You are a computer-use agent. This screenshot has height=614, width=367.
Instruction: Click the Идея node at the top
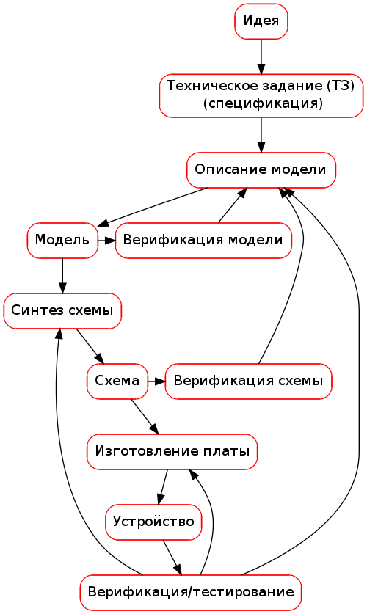(x=261, y=21)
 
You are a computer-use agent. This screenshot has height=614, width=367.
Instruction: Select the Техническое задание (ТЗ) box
(x=261, y=95)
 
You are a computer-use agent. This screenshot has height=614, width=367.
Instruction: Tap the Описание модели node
(x=261, y=170)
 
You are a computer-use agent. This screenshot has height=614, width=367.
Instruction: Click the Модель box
(x=62, y=241)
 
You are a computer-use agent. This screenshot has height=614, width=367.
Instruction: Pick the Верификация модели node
(x=203, y=241)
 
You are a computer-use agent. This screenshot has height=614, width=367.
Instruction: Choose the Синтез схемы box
(x=62, y=311)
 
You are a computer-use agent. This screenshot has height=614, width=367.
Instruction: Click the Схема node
(x=117, y=381)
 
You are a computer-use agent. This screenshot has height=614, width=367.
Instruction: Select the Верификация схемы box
(x=248, y=381)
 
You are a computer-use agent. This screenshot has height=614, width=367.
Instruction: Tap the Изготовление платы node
(x=172, y=452)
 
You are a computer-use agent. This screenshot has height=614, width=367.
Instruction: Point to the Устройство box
(x=153, y=522)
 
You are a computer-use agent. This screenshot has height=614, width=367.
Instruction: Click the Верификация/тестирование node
(x=191, y=593)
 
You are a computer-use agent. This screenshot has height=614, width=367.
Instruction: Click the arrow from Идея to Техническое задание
(x=261, y=56)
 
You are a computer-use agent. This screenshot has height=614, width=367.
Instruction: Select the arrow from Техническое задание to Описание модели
(x=261, y=135)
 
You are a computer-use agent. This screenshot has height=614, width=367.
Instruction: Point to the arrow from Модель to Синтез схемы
(x=62, y=276)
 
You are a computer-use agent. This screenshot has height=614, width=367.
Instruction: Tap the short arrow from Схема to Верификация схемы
(x=156, y=381)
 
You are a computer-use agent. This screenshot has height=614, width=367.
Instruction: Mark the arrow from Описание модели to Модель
(x=152, y=207)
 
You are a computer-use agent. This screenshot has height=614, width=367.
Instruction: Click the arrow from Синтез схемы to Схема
(x=90, y=346)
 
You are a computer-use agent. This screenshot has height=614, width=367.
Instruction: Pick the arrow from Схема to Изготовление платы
(x=145, y=417)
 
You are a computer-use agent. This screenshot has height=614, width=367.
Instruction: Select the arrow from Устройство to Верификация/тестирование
(x=172, y=558)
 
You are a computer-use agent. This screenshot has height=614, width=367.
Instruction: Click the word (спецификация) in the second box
(x=263, y=103)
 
